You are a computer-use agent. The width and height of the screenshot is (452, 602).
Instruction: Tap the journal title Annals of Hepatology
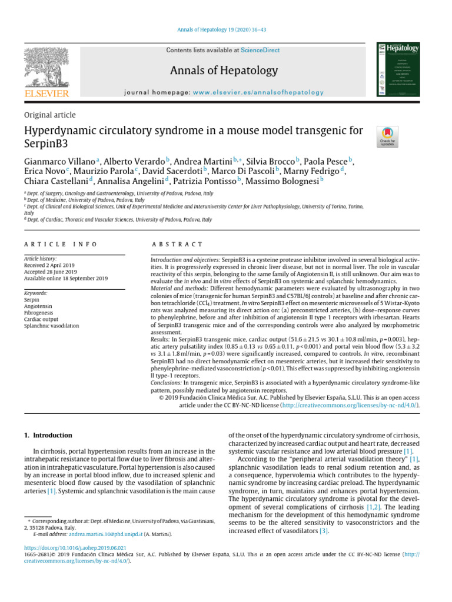point(224,71)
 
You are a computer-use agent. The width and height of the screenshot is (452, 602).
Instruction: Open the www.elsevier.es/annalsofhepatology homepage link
point(258,92)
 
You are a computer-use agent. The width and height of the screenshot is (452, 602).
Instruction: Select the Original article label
point(49,115)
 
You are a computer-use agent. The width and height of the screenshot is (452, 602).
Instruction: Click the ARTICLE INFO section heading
point(61,244)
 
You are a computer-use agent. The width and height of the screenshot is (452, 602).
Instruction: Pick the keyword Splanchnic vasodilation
point(51,326)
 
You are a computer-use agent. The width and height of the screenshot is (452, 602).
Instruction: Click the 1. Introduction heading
point(48,436)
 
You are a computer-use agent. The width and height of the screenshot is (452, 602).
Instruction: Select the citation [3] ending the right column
point(324,531)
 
